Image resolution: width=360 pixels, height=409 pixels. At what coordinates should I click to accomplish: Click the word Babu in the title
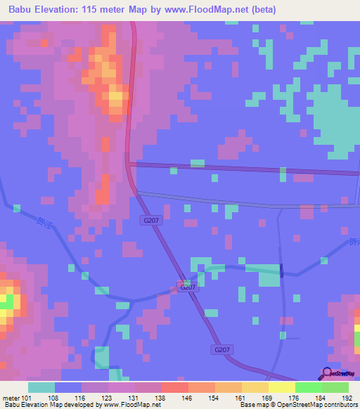point(22,10)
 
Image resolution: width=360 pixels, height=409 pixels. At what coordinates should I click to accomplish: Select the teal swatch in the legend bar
point(41,387)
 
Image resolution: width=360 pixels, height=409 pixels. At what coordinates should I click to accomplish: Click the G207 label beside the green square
point(187,287)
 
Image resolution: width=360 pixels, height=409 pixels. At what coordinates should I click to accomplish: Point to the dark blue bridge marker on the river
point(281,270)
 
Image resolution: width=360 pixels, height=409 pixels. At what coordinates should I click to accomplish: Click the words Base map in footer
point(252,405)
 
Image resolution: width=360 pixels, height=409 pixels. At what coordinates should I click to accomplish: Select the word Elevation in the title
point(61,10)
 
